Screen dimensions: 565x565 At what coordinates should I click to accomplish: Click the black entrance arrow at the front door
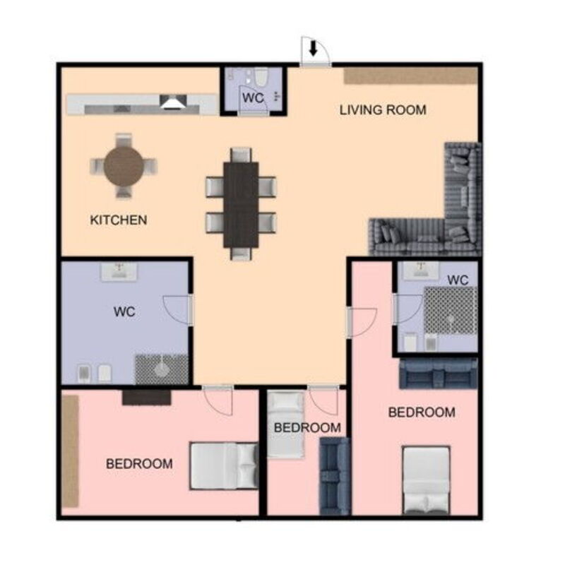[x=313, y=48]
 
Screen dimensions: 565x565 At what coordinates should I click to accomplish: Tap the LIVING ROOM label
[x=383, y=110]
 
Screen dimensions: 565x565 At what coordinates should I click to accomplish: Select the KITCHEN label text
[x=119, y=220]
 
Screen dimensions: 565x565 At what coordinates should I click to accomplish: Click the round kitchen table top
[x=124, y=166]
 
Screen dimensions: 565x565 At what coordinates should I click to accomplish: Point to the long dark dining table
[x=241, y=205]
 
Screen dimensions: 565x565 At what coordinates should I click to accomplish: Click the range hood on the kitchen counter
[x=173, y=102]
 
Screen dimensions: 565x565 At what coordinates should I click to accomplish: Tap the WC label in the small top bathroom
[x=253, y=97]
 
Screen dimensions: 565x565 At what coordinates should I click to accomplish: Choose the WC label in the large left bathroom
[x=124, y=311]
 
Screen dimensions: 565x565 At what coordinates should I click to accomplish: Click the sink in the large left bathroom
[x=119, y=272]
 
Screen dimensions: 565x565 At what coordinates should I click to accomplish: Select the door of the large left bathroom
[x=176, y=310]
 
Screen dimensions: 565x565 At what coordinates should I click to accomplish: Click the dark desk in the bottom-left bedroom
[x=146, y=397]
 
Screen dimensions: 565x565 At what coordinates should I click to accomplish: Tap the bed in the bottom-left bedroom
[x=224, y=466]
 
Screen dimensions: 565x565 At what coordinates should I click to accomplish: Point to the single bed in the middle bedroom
[x=286, y=425]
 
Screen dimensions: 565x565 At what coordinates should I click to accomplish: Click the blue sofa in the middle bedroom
[x=335, y=476]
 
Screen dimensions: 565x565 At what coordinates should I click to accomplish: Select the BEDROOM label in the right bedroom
[x=422, y=412]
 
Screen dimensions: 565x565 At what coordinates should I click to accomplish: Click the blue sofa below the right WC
[x=439, y=374]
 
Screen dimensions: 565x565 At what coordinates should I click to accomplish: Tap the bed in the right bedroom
[x=427, y=480]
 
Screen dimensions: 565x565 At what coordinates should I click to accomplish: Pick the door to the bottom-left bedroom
[x=218, y=400]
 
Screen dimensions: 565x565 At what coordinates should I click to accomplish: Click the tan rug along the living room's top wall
[x=411, y=76]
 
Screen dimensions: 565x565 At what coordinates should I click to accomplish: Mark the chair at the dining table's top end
[x=241, y=155]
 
